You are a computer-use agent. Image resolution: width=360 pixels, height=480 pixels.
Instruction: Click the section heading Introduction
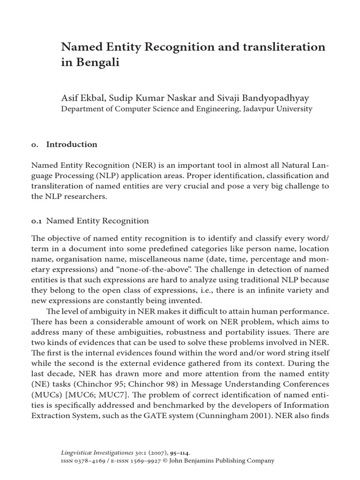click(x=72, y=144)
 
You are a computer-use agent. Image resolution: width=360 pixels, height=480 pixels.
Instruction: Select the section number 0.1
click(x=37, y=221)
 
